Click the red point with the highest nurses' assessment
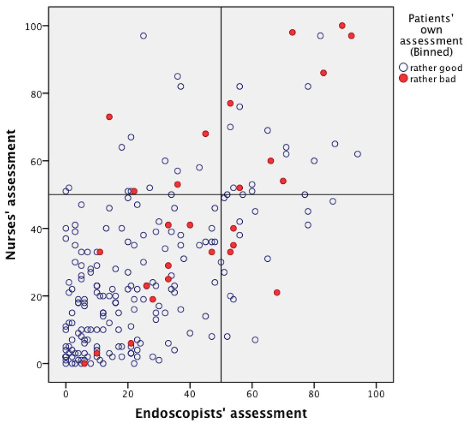pos(342,26)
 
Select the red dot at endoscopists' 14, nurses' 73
pos(109,117)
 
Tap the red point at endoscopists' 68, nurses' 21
pos(277,293)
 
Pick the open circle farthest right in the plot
pos(357,154)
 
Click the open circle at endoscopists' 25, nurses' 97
pos(143,36)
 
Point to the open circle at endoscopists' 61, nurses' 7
pos(255,340)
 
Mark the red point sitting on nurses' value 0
pos(84,364)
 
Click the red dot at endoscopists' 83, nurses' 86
pos(323,73)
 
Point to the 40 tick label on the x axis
pos(190,392)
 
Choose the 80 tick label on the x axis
pos(314,392)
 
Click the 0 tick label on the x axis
pos(66,392)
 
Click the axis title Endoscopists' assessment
pos(221,413)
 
